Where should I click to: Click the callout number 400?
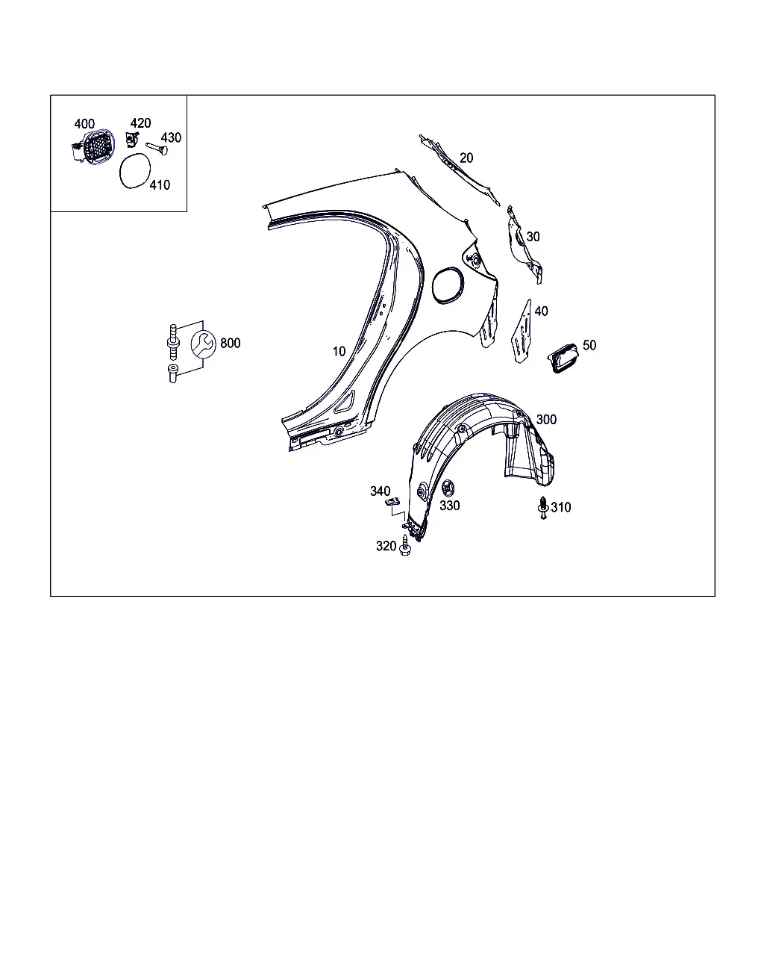coord(84,123)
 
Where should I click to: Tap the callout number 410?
coord(160,184)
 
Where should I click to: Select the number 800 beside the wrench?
coord(231,343)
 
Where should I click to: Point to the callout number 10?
coord(339,351)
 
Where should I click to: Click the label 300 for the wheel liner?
coord(546,419)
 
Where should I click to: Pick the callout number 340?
coord(381,491)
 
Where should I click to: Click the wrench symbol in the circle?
coord(204,344)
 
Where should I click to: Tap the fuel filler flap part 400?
coord(93,146)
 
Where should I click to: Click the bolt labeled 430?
coord(157,149)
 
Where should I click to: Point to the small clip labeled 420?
coord(132,140)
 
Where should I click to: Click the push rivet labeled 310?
coord(543,508)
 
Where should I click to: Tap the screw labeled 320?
coord(405,545)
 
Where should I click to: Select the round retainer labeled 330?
coord(448,488)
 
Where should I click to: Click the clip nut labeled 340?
coord(392,502)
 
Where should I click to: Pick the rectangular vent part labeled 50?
coord(563,358)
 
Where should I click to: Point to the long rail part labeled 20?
coord(459,170)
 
